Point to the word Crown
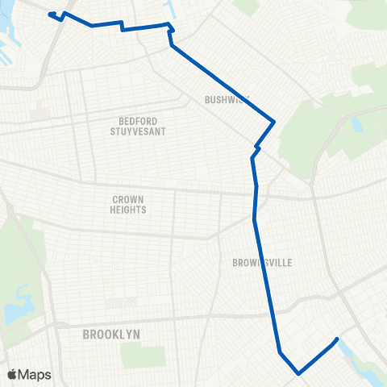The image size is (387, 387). coord(129,199)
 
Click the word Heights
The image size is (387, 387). coord(129,210)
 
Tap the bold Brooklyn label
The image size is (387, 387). coord(111,334)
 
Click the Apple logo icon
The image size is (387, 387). coord(12,374)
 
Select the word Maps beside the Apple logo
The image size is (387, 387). coord(35,374)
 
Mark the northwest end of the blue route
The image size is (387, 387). coord(50,14)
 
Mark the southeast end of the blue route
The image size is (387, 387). coord(336,339)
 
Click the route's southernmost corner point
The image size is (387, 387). coord(299,373)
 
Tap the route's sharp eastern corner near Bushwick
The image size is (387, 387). coord(275,122)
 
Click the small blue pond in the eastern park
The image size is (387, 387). coord(356,126)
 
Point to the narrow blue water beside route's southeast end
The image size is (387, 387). coord(347,350)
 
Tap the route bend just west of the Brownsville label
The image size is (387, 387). coord(255,219)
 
